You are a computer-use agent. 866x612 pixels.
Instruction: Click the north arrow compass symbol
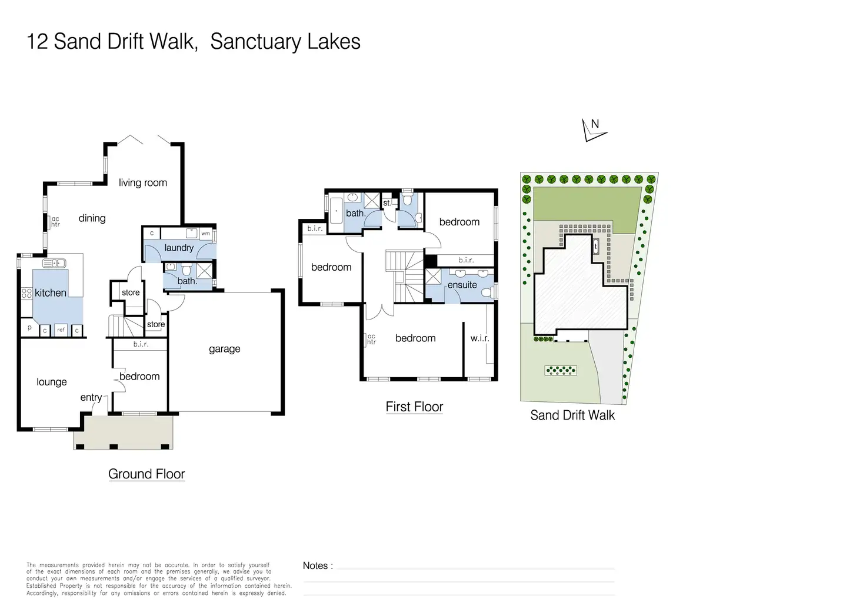[593, 129]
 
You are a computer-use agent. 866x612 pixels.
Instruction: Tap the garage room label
[225, 349]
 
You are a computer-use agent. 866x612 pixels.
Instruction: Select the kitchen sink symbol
[54, 264]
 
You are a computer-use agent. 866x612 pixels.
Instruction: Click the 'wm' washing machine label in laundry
[205, 234]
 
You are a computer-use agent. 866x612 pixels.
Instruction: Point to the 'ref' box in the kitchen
[61, 330]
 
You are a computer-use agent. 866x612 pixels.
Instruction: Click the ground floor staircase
[125, 325]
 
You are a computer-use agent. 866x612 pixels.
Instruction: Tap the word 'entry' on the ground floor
[91, 398]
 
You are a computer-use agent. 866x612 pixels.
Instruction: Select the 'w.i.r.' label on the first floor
[479, 338]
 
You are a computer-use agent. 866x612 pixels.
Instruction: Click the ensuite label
[462, 285]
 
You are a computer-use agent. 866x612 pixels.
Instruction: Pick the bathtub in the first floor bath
[335, 211]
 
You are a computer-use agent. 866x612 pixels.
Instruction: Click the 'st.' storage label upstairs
[387, 203]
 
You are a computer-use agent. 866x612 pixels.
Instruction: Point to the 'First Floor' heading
[414, 407]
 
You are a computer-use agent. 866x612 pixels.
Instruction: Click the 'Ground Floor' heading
[146, 474]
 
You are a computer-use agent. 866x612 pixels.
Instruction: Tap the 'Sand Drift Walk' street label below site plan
[572, 415]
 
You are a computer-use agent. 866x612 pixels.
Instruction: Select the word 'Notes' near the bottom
[316, 566]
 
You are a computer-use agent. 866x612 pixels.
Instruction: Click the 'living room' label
[143, 183]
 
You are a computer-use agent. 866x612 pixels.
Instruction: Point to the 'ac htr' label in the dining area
[55, 222]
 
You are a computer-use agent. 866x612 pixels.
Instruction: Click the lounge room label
[52, 382]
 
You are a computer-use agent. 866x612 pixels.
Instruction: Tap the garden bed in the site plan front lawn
[561, 370]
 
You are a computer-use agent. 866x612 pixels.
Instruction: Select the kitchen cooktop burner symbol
[26, 292]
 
